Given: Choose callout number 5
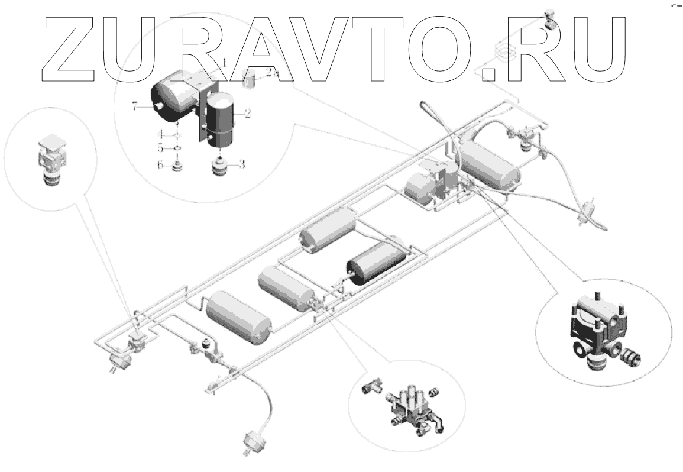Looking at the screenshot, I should click(160, 147).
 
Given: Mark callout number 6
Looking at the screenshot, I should click(160, 166).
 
